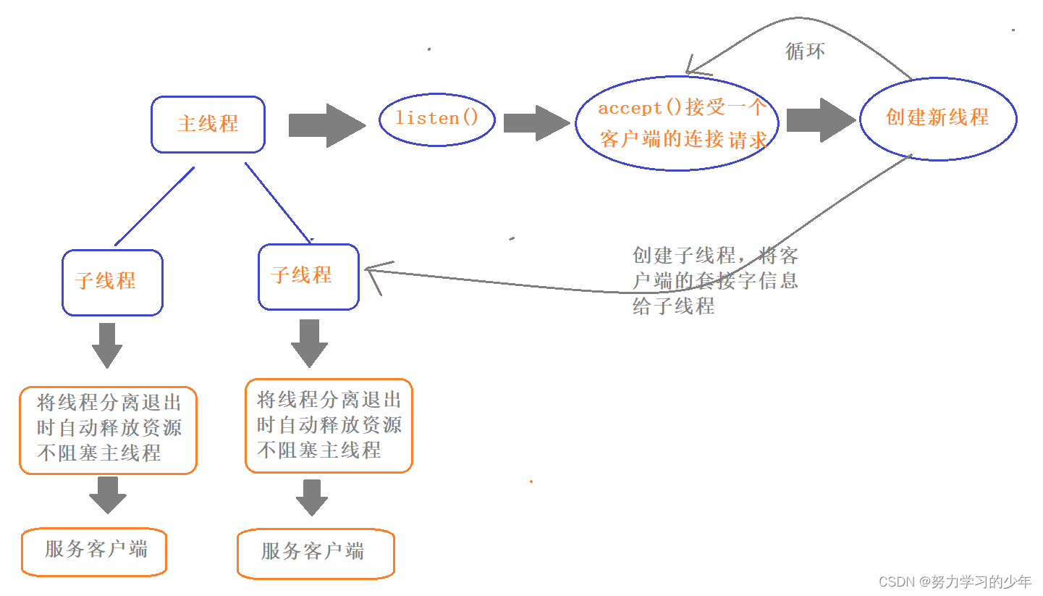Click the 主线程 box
tap(208, 124)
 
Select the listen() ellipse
tap(436, 119)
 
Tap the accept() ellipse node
tap(677, 124)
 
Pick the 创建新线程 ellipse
tap(937, 117)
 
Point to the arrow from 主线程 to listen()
tap(326, 125)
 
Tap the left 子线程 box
tap(112, 282)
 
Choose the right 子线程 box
tap(308, 276)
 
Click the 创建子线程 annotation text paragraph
tap(714, 281)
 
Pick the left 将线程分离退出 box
tap(108, 430)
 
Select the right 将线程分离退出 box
tap(329, 426)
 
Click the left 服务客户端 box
tap(94, 551)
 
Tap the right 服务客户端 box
tap(316, 553)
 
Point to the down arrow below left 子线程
tap(107, 345)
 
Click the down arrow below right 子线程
tap(309, 343)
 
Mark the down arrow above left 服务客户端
tap(108, 495)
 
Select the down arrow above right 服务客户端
tap(312, 497)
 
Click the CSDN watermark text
tap(954, 582)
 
